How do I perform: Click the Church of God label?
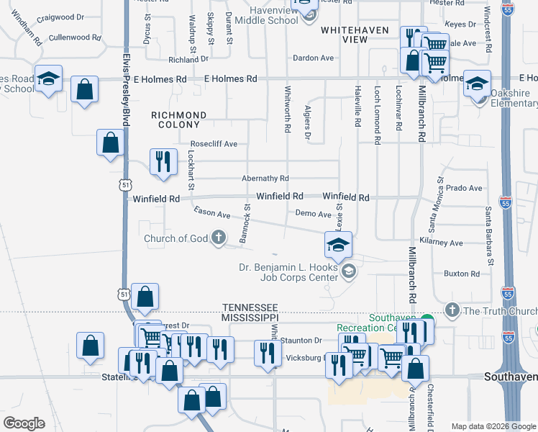pos(176,239)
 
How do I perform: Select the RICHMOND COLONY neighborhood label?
pos(179,120)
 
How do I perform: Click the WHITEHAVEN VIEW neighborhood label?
pos(354,35)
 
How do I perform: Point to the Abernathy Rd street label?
pos(265,179)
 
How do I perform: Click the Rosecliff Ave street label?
pos(214,144)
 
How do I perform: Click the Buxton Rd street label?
pos(462,274)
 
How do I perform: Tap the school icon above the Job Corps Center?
pos(338,245)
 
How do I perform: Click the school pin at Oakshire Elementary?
pos(478,84)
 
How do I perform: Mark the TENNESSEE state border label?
pos(250,307)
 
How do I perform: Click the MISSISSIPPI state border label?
pos(250,317)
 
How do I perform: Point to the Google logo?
pos(24,423)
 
